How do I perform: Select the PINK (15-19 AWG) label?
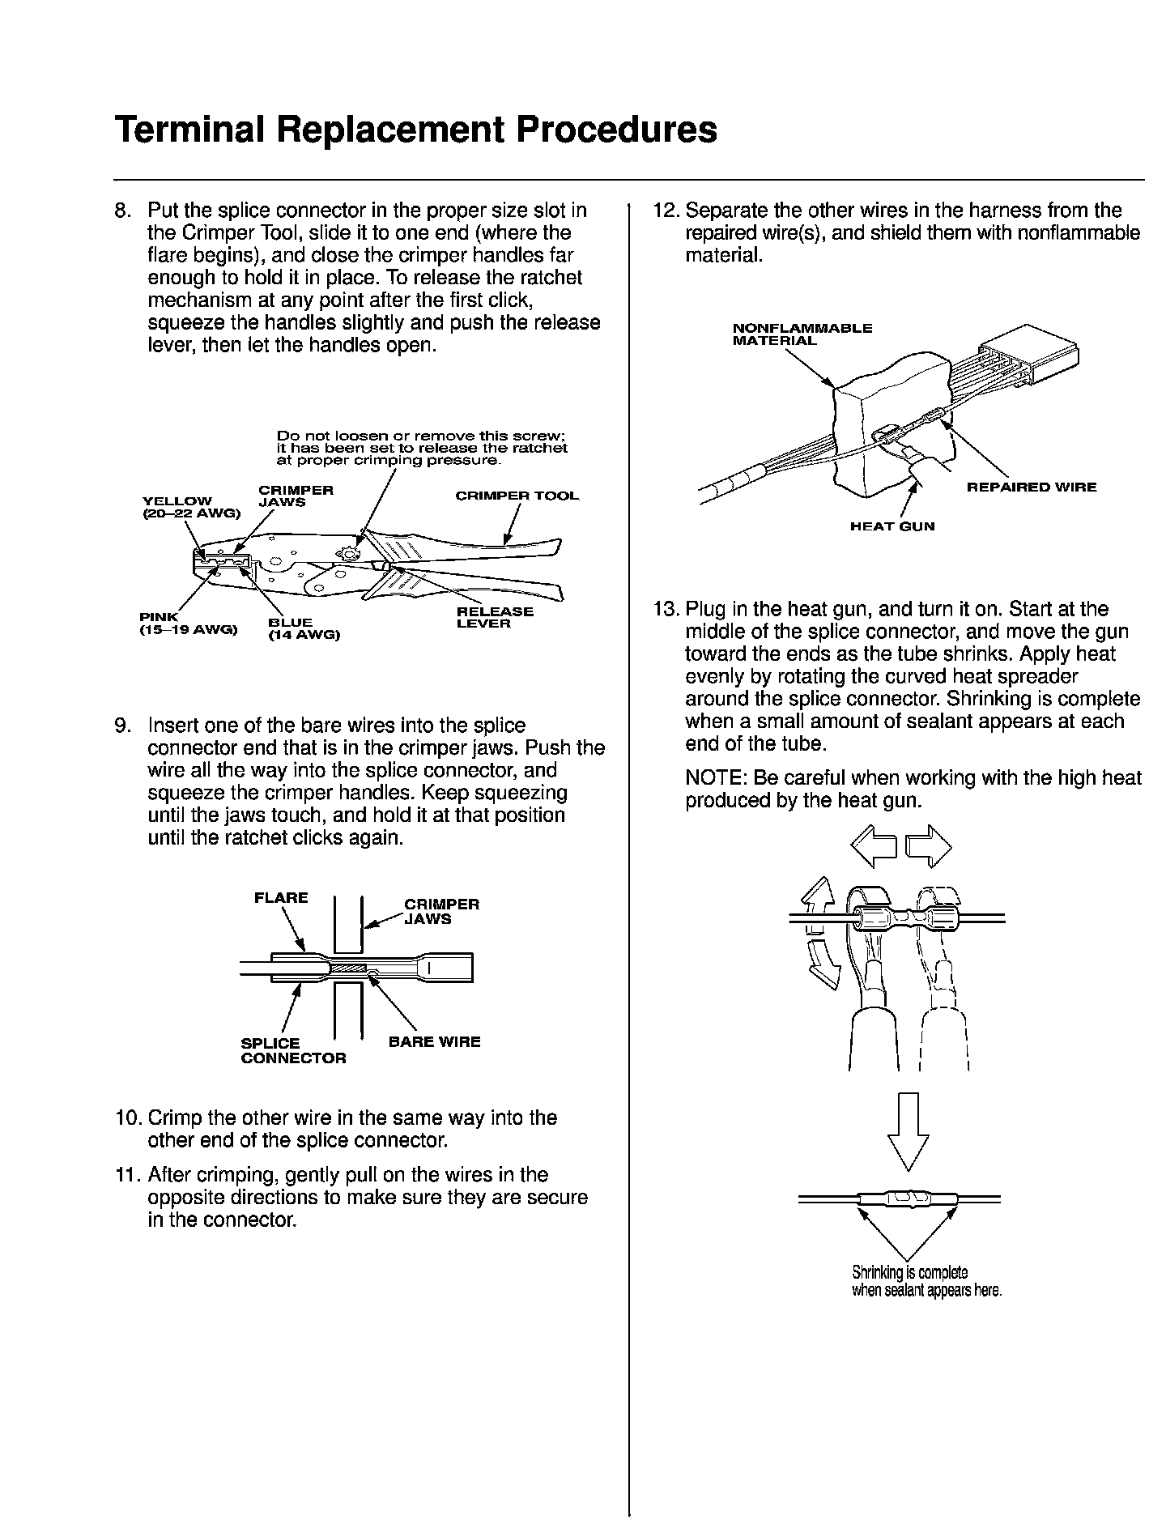pos(187,623)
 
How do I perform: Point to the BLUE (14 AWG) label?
pos(303,628)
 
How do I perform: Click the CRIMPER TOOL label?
pos(517,496)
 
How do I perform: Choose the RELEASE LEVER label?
pos(495,617)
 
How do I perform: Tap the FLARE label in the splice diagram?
pos(281,897)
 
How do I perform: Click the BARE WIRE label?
pos(434,1041)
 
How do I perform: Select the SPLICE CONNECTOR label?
pos(292,1050)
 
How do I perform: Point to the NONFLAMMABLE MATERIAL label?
pos(802,334)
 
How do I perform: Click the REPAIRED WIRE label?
pos(1032,487)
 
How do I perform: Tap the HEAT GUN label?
pos(892,526)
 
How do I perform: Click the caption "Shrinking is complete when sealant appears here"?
pos(926,1280)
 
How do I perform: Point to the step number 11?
pos(127,1175)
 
